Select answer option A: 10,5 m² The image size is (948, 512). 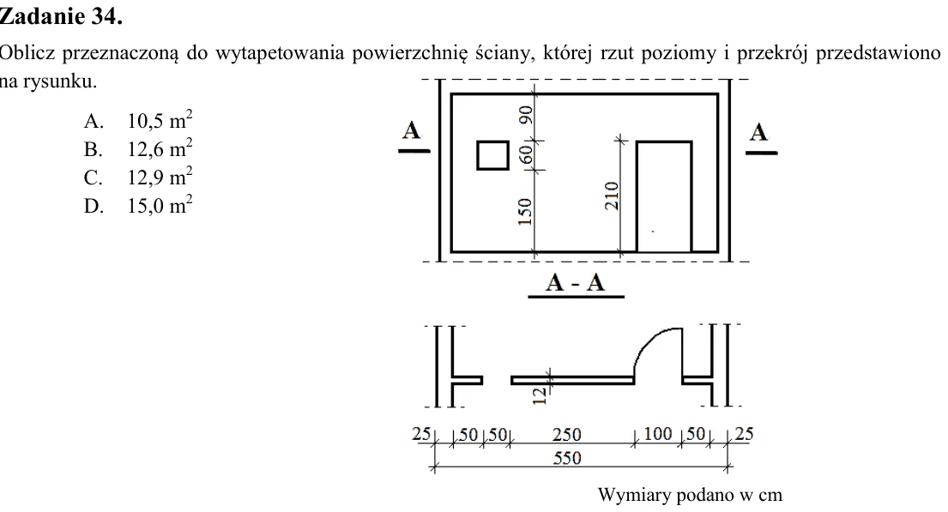point(138,120)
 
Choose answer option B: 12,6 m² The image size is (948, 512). point(138,148)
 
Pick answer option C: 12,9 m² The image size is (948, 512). point(138,177)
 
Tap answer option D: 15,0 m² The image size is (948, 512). point(138,205)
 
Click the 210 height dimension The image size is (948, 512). point(612,196)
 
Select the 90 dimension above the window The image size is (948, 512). point(526,115)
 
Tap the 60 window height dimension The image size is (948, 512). point(526,154)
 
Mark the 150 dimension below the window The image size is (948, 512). point(525,212)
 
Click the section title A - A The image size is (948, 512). point(575,282)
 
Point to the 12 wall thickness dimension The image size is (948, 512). point(540,395)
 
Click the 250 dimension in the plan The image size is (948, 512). point(566,435)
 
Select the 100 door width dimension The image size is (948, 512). point(658,434)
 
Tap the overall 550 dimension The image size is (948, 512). point(567,458)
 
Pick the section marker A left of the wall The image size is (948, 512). point(411,130)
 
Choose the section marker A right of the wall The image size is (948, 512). point(758,132)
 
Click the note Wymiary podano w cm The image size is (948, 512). point(690,495)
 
